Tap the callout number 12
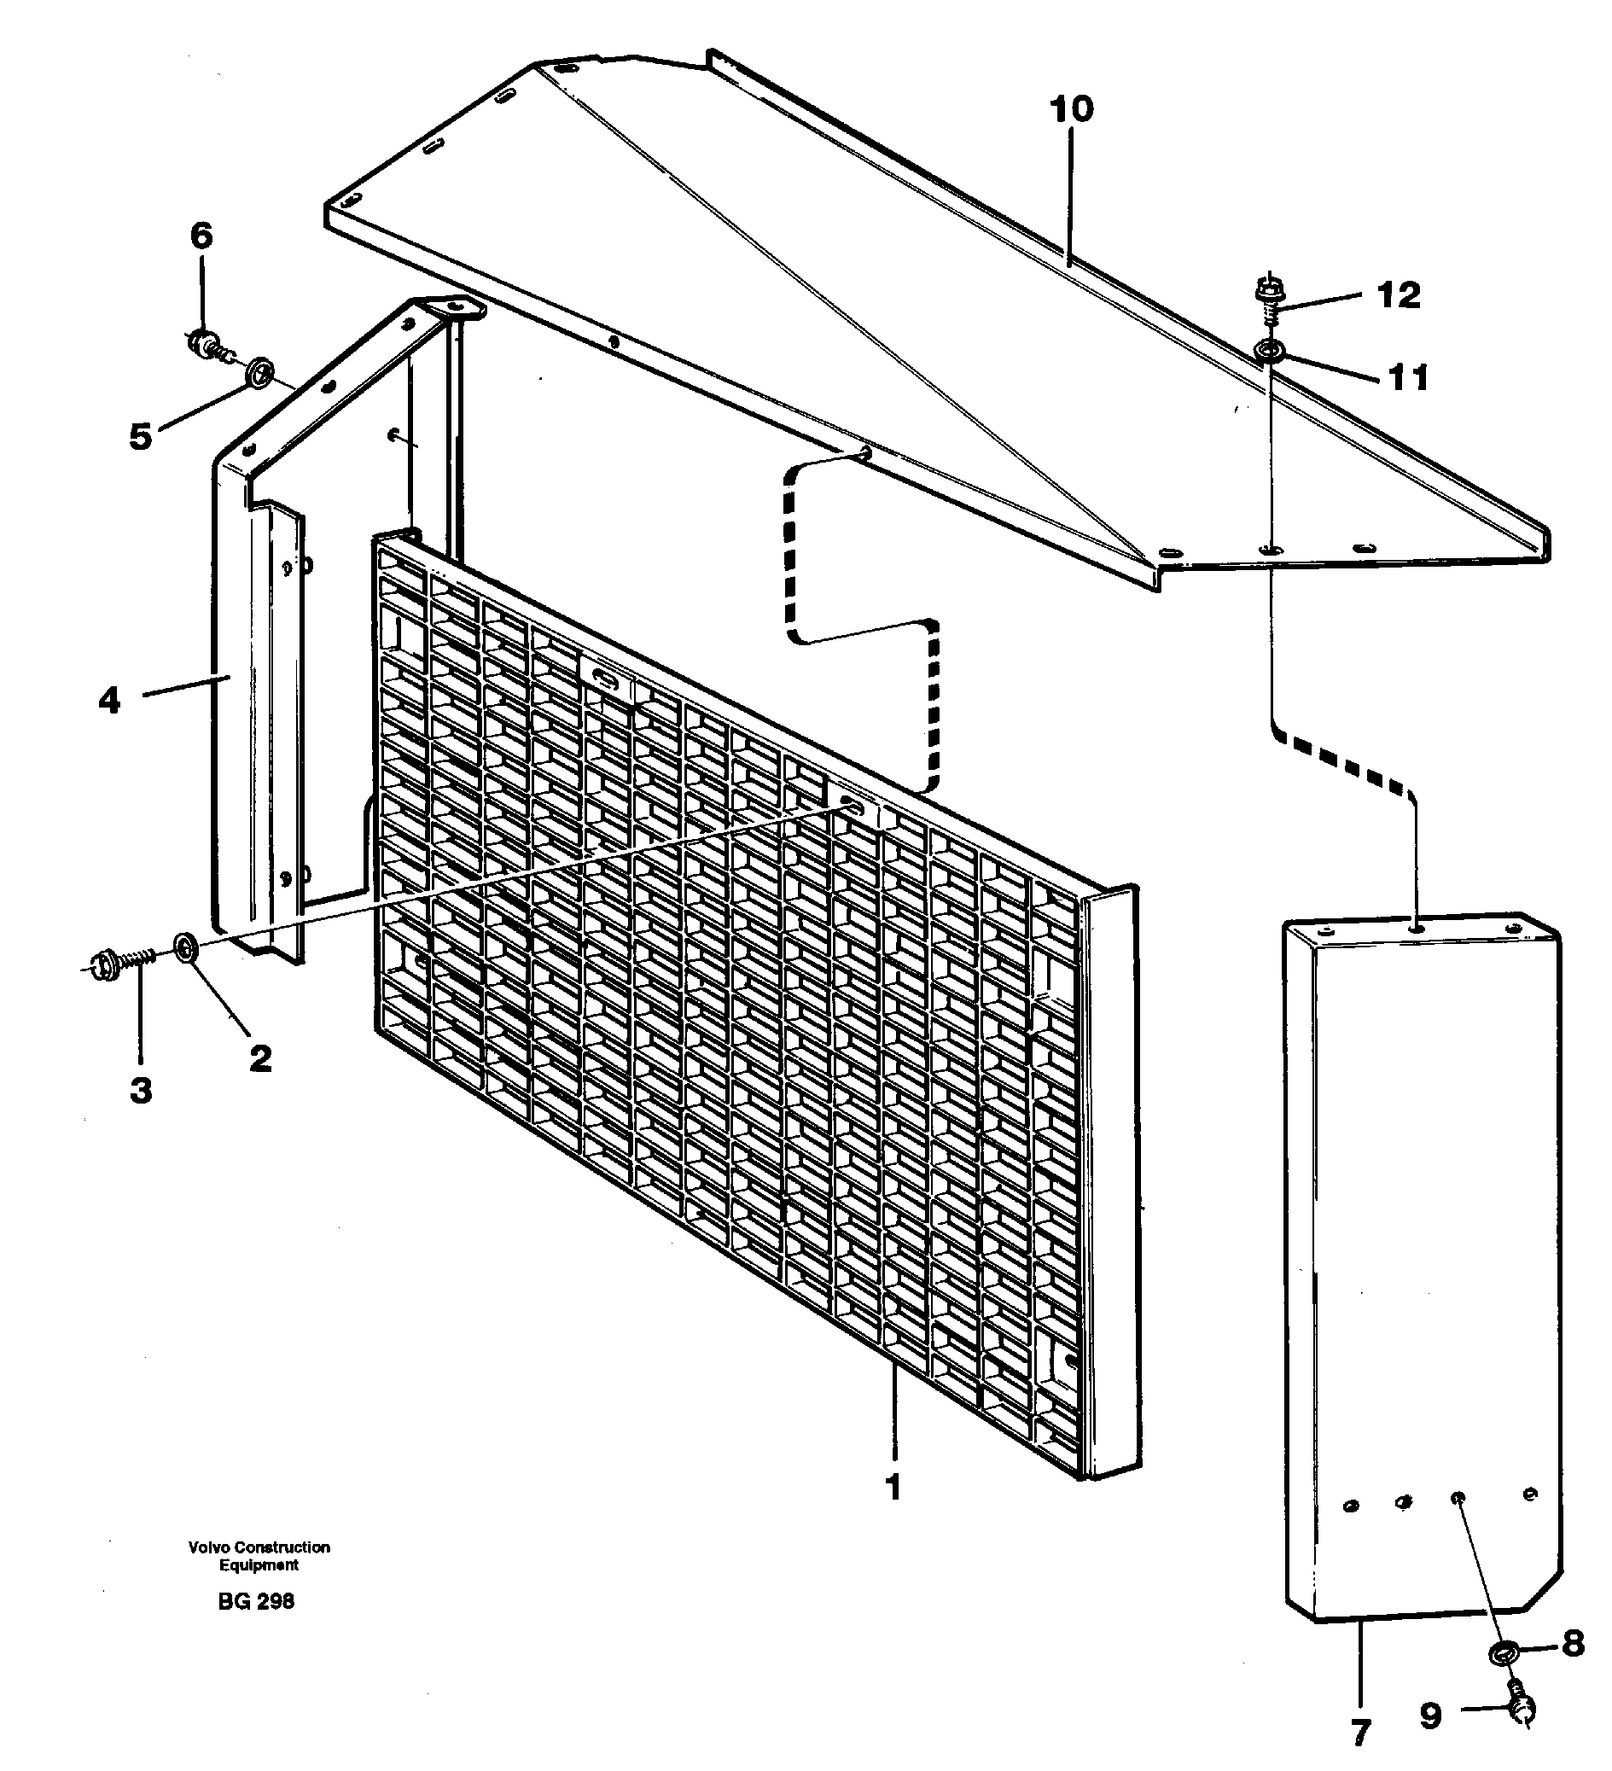(1399, 295)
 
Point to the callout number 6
(201, 236)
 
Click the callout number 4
(109, 700)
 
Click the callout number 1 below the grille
(893, 1488)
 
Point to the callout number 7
(1360, 1732)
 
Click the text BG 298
(256, 1601)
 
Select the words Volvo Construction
(259, 1547)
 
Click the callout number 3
(141, 1090)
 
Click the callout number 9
(1431, 1716)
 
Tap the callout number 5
(141, 436)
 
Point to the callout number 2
(260, 1058)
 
